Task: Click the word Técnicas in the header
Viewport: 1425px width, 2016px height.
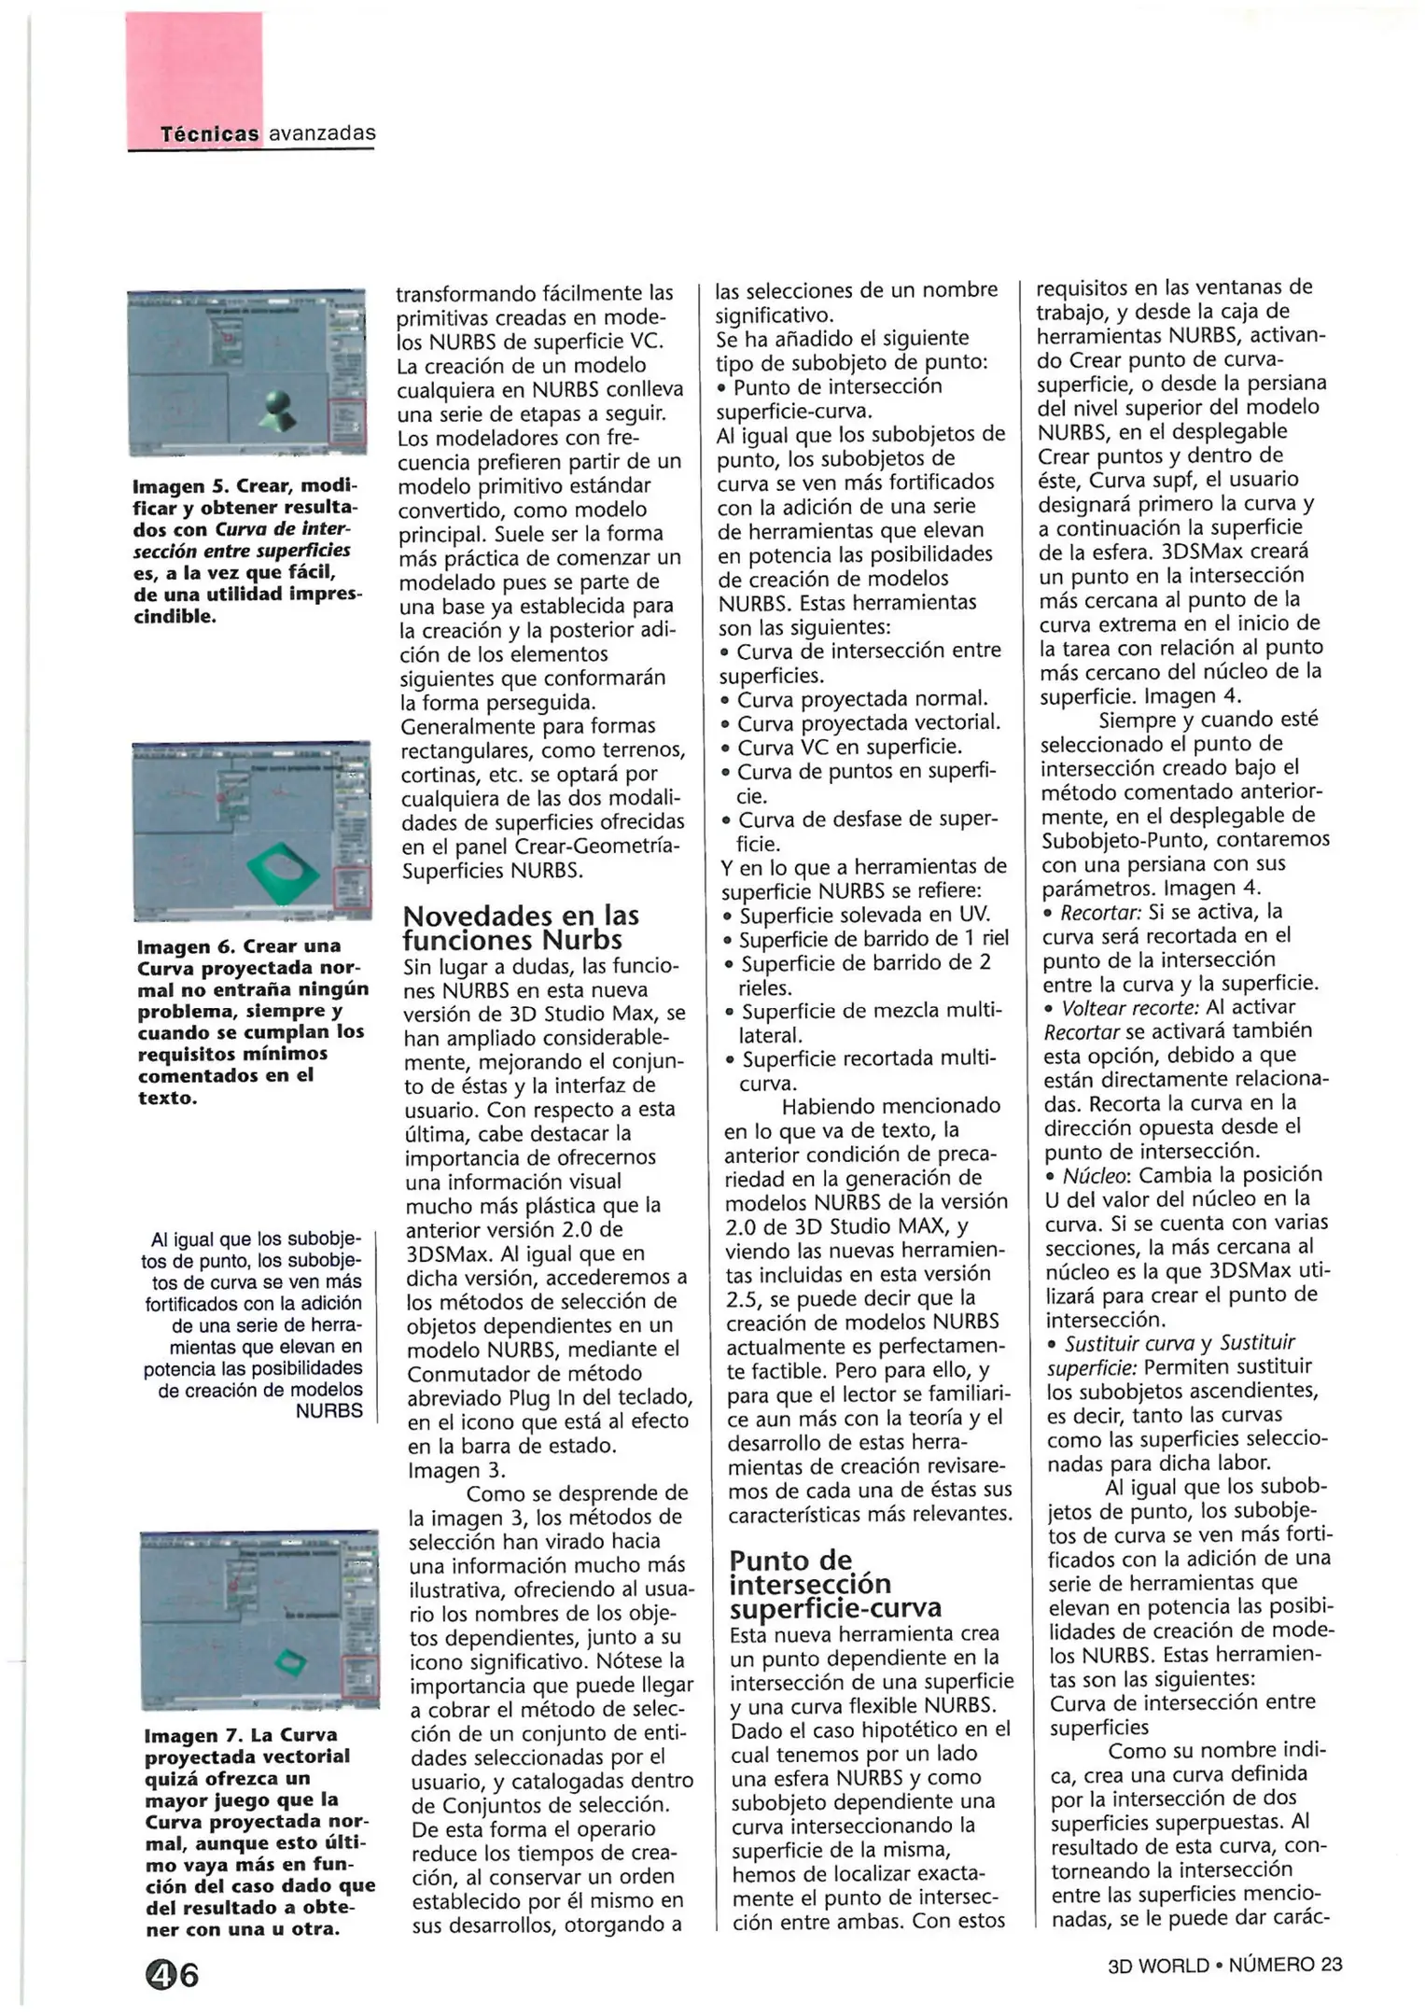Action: point(209,133)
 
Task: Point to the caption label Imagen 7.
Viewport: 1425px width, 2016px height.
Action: point(193,1735)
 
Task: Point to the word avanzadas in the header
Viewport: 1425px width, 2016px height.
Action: point(322,133)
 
